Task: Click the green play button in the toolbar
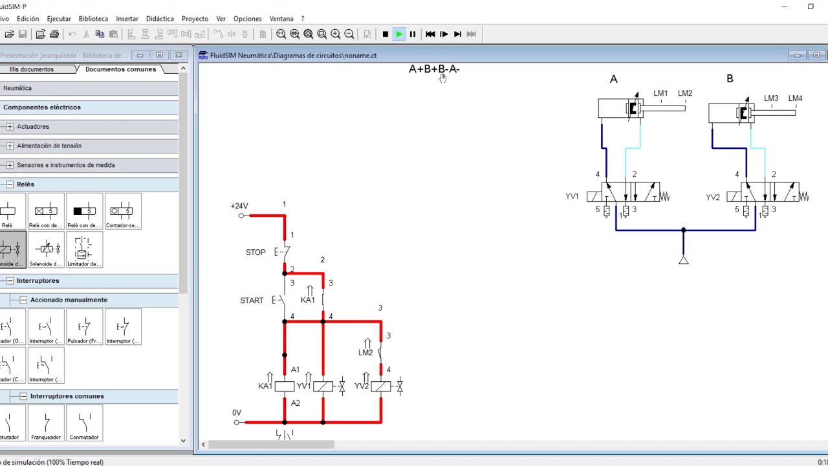click(x=399, y=34)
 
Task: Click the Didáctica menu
click(x=160, y=19)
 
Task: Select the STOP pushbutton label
click(x=256, y=252)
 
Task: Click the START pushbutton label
click(x=252, y=300)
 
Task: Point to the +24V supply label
click(x=239, y=206)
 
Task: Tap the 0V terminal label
click(x=237, y=413)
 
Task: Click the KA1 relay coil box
click(x=285, y=386)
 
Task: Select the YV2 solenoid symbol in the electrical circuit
click(x=381, y=386)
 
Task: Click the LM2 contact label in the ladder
click(x=365, y=353)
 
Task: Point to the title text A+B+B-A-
click(x=433, y=69)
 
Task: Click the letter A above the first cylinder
click(x=614, y=79)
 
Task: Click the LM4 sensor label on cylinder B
click(x=796, y=98)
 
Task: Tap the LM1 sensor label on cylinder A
click(x=660, y=93)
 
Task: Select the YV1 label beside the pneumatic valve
click(x=572, y=196)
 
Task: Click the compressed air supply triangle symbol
click(x=684, y=260)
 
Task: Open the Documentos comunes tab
click(x=120, y=69)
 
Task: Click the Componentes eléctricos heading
click(x=42, y=107)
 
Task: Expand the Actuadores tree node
click(x=10, y=127)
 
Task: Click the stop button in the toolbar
click(x=386, y=34)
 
